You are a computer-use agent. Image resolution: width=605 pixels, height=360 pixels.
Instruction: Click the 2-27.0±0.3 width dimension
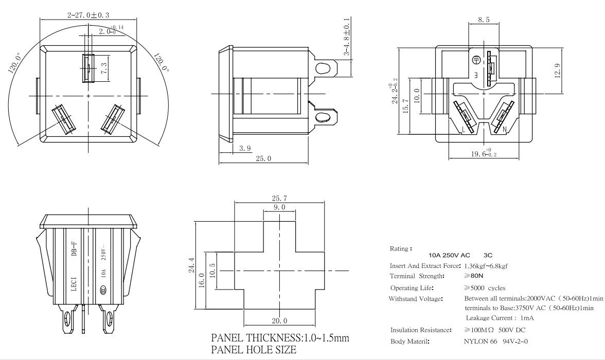coord(88,15)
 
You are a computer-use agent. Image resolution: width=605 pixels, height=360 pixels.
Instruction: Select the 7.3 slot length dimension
coord(104,68)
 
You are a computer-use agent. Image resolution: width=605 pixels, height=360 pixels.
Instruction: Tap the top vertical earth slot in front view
coord(88,68)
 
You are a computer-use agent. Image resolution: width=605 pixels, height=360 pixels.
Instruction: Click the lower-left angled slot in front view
coord(63,119)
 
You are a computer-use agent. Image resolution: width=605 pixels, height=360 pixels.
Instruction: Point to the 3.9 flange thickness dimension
coord(245,148)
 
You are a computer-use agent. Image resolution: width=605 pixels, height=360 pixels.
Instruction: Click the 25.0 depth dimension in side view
coord(263,158)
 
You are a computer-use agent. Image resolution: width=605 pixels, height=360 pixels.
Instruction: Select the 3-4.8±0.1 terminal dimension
coord(347,37)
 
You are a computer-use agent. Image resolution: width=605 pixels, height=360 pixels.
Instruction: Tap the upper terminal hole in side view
coord(323,68)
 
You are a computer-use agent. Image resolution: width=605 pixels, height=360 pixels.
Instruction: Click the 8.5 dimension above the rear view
coord(484,20)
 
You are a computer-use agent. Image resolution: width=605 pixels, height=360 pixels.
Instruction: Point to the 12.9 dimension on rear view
coord(558,70)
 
